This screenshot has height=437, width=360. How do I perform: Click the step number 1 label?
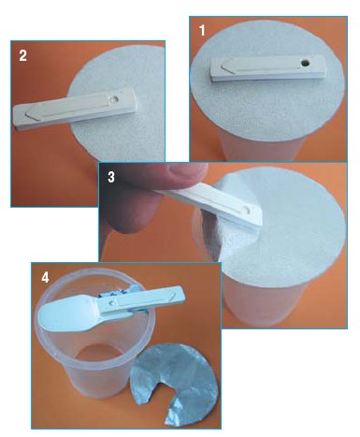[202, 31]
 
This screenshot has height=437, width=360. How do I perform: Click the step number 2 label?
[22, 55]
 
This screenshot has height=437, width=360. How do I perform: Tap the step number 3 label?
[111, 177]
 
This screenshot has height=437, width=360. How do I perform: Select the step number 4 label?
[45, 277]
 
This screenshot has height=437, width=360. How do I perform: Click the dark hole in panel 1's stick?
[305, 64]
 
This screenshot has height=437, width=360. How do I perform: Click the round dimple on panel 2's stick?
[114, 99]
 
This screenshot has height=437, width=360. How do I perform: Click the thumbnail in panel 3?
[187, 170]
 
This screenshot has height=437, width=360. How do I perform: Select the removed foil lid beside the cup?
[175, 383]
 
